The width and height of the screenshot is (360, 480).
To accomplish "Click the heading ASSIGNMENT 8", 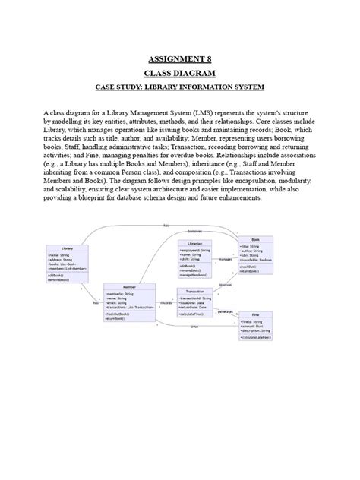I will point(180,58).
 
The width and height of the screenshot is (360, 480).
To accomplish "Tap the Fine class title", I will point(257,314).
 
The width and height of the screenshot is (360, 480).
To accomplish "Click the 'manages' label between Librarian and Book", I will point(226,259).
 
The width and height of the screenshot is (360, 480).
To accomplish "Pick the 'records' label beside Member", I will point(166,303).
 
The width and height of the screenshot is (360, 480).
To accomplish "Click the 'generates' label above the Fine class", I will point(226,311).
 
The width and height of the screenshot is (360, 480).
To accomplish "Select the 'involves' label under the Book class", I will point(226,285).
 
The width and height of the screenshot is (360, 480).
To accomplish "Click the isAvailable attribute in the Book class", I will point(254,260).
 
